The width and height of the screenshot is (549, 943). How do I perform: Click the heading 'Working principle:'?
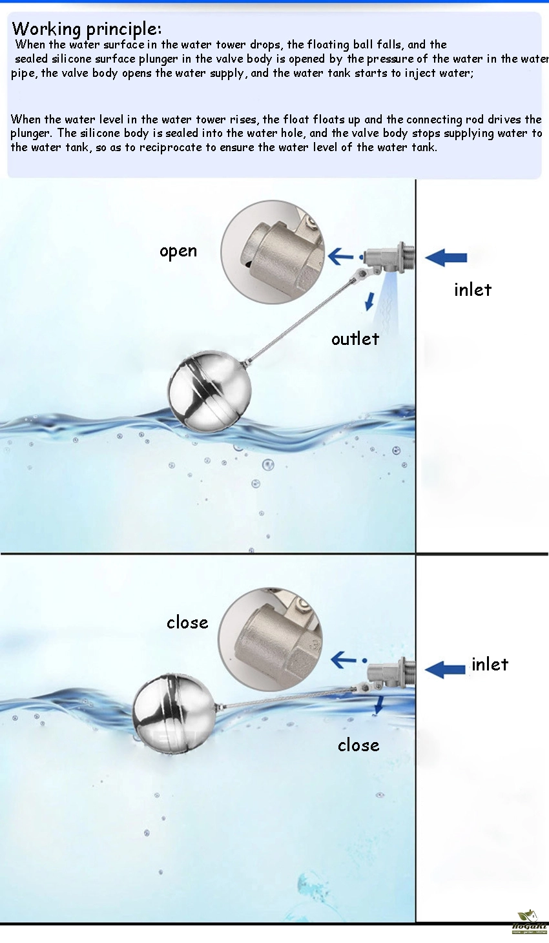[x=87, y=28]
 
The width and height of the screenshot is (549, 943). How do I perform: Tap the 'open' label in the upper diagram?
[x=178, y=251]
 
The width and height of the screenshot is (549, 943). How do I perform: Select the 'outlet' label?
[x=355, y=338]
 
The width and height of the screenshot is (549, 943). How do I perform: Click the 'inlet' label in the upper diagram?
[x=472, y=289]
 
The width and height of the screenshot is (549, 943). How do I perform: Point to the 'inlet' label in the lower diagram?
[x=490, y=665]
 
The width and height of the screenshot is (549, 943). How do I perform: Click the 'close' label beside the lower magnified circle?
[x=187, y=622]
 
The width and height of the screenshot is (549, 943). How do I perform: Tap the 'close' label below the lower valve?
[x=358, y=745]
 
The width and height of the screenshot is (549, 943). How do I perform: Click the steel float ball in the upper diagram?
[x=210, y=391]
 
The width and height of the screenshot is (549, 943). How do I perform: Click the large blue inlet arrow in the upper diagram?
[x=446, y=257]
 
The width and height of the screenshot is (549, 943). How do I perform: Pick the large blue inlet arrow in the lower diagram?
[x=446, y=669]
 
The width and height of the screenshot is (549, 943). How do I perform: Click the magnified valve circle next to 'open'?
[x=273, y=252]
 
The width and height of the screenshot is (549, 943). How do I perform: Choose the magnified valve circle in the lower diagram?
[x=270, y=639]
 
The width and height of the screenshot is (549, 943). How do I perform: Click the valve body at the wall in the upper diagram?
[x=388, y=259]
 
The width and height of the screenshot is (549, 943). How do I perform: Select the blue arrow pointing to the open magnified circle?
[x=341, y=256]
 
